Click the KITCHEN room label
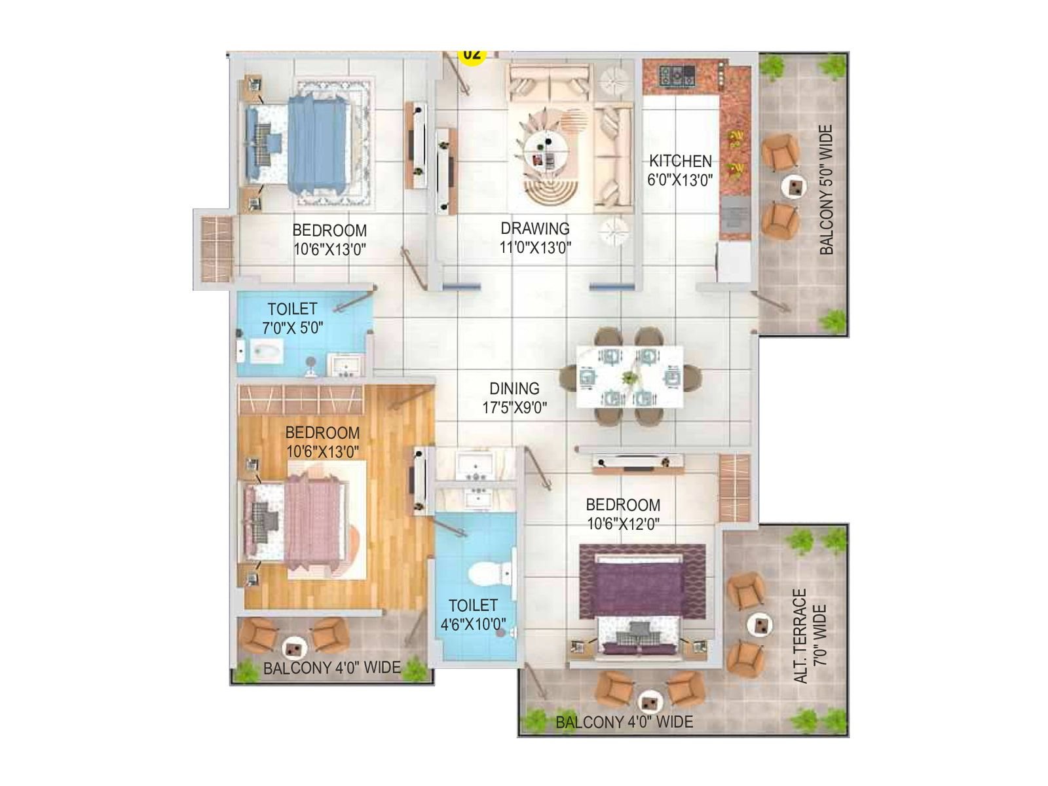pyautogui.click(x=680, y=161)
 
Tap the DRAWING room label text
pyautogui.click(x=535, y=229)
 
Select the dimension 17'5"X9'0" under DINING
pyautogui.click(x=514, y=408)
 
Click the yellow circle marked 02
pyautogui.click(x=472, y=54)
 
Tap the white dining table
pyautogui.click(x=629, y=377)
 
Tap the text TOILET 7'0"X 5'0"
pyautogui.click(x=292, y=318)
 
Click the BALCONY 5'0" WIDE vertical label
pyautogui.click(x=827, y=190)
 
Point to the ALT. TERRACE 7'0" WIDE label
pyautogui.click(x=810, y=635)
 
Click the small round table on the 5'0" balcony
pyautogui.click(x=794, y=187)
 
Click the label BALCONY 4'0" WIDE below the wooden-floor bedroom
pyautogui.click(x=331, y=668)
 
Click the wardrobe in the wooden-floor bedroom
pyautogui.click(x=301, y=399)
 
